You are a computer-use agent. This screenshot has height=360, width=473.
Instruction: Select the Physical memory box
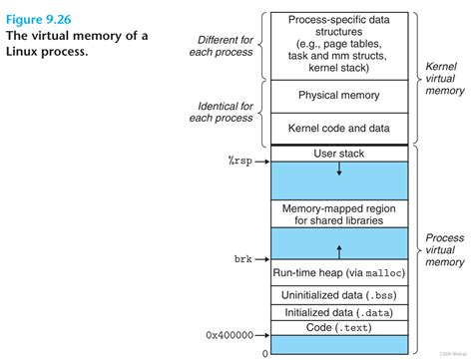coord(338,96)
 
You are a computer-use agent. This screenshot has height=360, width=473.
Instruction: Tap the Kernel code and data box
coord(338,128)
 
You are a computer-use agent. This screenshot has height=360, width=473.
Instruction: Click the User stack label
coord(338,153)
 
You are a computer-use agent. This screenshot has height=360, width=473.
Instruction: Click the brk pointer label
coord(243,258)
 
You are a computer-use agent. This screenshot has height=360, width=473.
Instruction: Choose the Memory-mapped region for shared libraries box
coord(338,213)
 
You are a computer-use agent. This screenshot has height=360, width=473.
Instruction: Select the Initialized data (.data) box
coord(338,311)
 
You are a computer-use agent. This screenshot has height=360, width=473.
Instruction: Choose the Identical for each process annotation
coord(225,112)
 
